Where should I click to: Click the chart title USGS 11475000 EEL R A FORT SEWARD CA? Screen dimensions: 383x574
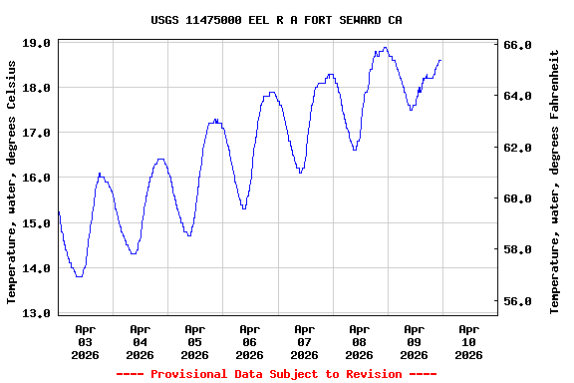(277, 19)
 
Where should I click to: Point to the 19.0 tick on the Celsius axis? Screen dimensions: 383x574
(38, 43)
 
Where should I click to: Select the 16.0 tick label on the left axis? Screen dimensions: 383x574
(38, 178)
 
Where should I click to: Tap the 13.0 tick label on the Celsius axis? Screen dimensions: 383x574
(38, 313)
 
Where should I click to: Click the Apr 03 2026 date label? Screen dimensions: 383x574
(85, 341)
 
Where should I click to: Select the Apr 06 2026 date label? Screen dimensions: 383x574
(249, 341)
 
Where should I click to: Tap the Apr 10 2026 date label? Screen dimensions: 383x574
(468, 341)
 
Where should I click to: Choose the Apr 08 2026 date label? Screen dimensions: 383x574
(359, 341)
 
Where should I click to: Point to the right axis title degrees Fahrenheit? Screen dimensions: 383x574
(555, 180)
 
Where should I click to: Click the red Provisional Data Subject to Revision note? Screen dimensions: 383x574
(277, 374)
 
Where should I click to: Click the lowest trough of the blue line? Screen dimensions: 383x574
(79, 276)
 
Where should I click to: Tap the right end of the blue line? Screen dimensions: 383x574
(440, 60)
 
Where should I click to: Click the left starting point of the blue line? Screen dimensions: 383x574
(59, 211)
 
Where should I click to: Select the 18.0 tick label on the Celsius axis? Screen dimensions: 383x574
(38, 88)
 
